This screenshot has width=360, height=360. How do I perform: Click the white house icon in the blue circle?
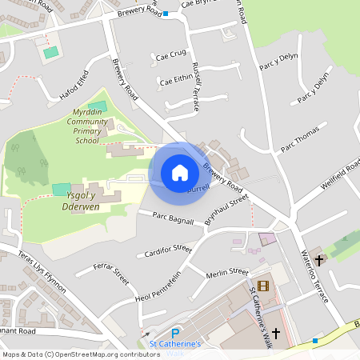click(x=179, y=172)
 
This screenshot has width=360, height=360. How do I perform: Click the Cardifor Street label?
click(x=170, y=252)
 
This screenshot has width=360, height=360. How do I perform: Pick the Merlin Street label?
click(x=227, y=273)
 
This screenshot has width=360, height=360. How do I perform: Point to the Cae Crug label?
click(x=172, y=54)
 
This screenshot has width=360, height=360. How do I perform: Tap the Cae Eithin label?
click(x=178, y=79)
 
